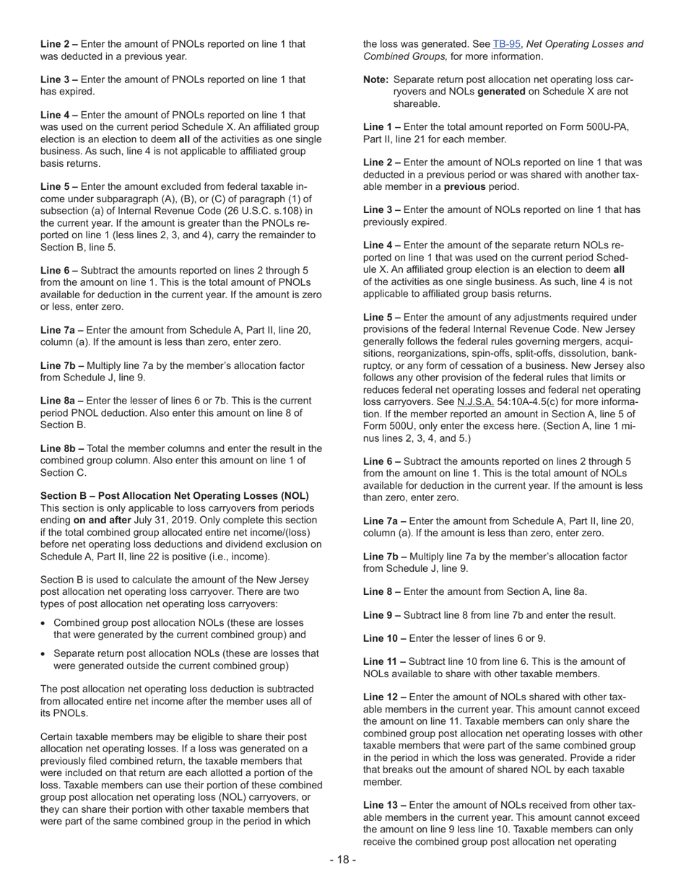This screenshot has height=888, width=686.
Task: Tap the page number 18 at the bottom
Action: tap(343, 859)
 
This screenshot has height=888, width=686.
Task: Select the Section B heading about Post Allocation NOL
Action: tap(175, 496)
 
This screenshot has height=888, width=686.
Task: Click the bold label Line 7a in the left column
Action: tap(62, 330)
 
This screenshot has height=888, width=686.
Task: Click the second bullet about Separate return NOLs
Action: tap(186, 659)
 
